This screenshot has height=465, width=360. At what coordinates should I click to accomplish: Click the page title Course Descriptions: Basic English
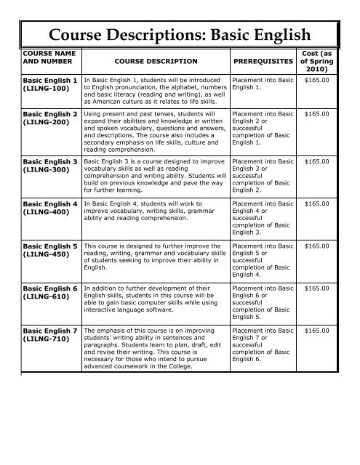179,35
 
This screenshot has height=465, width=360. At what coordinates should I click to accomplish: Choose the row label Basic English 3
50,160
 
